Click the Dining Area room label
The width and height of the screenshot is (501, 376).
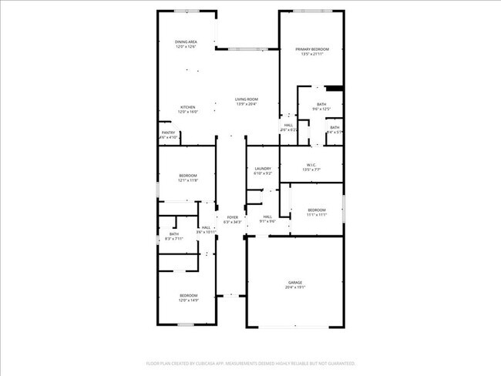[x=186, y=42]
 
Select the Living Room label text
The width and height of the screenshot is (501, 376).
[x=247, y=99]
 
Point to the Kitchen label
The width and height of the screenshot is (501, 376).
[x=188, y=107]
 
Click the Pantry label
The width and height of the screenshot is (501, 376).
[x=168, y=133]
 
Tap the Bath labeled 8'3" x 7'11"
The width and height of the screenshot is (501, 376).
[x=174, y=234]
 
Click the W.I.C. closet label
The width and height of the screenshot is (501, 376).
[x=311, y=164]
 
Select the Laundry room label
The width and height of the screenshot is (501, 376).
[x=263, y=169]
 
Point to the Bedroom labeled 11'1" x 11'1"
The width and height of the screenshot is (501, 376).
[x=317, y=210]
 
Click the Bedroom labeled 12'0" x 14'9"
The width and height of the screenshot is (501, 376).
[x=189, y=296]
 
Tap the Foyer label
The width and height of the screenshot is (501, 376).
[x=232, y=217]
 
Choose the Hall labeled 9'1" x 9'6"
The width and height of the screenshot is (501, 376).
[x=267, y=217]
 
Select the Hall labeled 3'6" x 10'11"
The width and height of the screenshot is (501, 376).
[x=206, y=227]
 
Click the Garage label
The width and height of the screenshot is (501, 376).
[x=296, y=282]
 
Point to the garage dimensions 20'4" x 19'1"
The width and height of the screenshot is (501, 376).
[x=296, y=287]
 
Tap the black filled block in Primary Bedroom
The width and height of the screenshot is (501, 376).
[x=333, y=89]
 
